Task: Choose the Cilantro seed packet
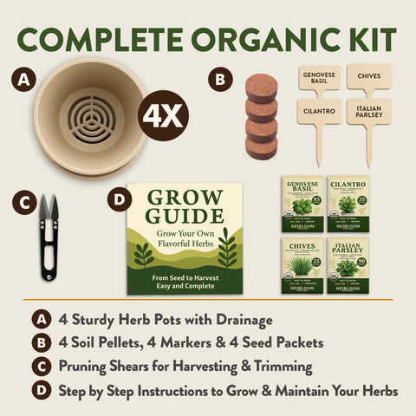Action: point(348,200)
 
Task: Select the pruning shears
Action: point(49,237)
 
